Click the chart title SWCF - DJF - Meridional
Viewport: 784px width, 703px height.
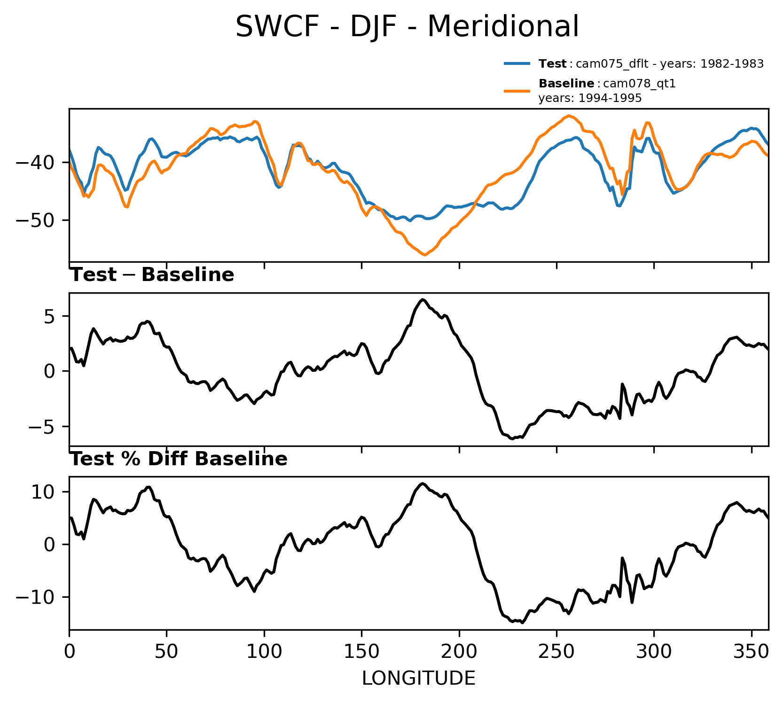click(x=407, y=27)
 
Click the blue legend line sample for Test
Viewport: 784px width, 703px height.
click(x=517, y=63)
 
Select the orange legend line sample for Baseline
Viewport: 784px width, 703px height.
click(x=517, y=91)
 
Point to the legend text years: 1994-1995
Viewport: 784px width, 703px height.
click(x=590, y=99)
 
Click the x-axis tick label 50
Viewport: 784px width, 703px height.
click(x=166, y=651)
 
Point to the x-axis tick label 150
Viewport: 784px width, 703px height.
click(x=361, y=651)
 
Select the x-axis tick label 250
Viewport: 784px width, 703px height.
click(x=557, y=651)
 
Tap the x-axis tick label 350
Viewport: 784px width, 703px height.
click(x=751, y=651)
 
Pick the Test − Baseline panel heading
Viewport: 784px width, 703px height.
click(x=152, y=275)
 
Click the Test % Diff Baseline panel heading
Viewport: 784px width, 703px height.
click(x=179, y=459)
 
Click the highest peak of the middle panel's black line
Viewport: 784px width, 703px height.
click(x=423, y=300)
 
